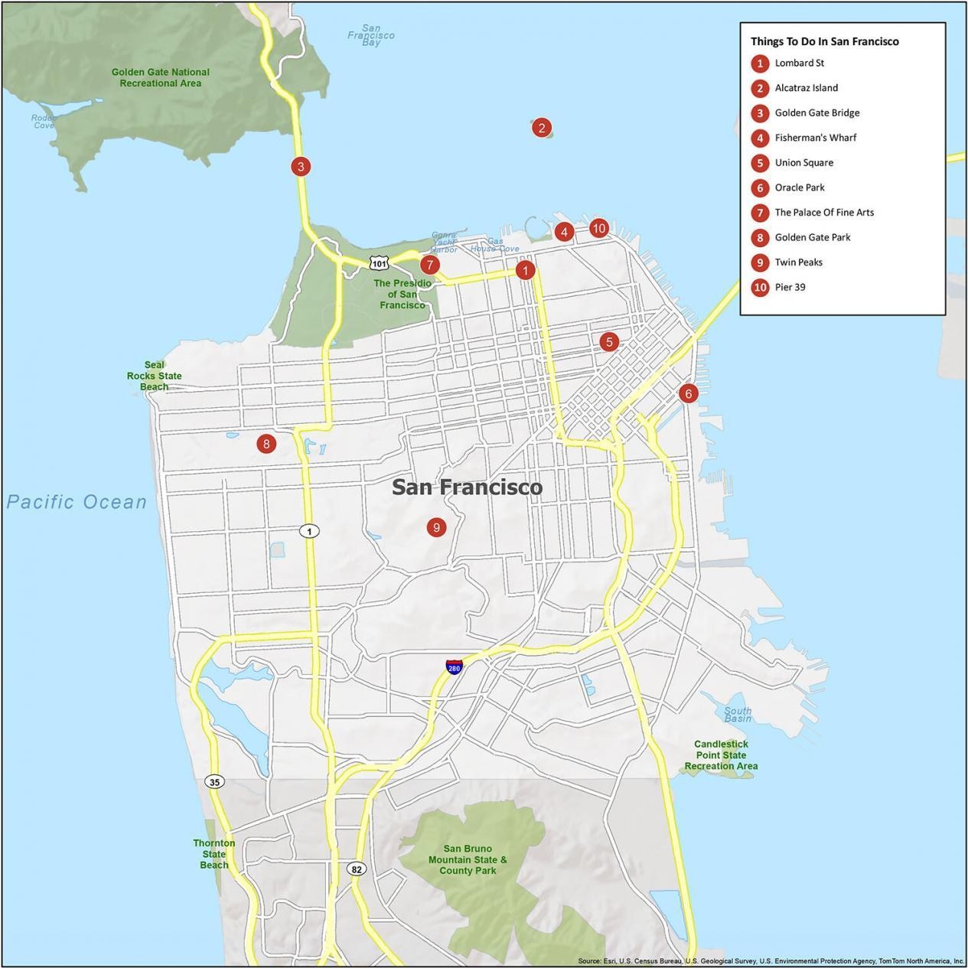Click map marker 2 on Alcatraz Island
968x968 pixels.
point(541,128)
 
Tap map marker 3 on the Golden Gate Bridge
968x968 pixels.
point(301,166)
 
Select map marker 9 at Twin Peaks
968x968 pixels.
point(436,526)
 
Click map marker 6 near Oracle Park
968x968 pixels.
point(688,393)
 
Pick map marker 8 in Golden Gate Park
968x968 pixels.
point(266,443)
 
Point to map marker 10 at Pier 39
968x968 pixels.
point(598,228)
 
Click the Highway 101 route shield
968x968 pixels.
point(379,263)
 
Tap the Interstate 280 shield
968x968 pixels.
point(455,667)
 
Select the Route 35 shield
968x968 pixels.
point(215,781)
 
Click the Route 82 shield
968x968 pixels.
point(357,869)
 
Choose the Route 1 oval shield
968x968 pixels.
point(309,530)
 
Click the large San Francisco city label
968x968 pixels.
point(467,487)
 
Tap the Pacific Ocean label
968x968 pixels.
point(77,502)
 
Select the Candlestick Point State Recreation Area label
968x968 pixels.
point(721,755)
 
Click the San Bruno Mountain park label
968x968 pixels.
point(468,859)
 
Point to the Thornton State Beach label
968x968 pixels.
point(214,853)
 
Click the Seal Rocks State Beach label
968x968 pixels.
point(155,376)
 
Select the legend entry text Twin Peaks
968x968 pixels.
point(798,262)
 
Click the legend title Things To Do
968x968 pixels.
point(824,41)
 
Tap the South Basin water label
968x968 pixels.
point(738,714)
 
